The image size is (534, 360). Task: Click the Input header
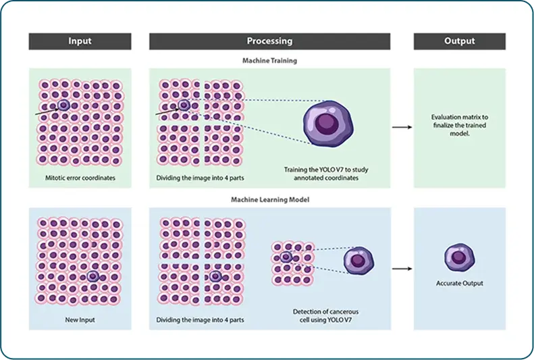coord(79,41)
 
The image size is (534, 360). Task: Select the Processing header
coord(269,41)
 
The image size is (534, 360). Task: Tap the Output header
coord(459,41)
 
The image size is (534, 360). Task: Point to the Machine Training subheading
coord(269,60)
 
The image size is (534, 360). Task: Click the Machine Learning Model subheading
coord(269,200)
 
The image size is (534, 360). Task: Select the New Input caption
coord(79,319)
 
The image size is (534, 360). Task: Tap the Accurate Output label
coord(459,283)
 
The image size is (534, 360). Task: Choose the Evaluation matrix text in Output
coord(459,125)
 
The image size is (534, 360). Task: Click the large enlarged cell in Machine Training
coord(326,122)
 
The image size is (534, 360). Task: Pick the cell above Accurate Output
coord(459,259)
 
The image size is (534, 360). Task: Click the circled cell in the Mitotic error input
coord(63,105)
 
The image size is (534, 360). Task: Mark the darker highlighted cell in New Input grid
coord(93,276)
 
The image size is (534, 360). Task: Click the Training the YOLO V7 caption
coord(326,174)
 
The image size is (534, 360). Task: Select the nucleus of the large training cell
coord(327,122)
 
